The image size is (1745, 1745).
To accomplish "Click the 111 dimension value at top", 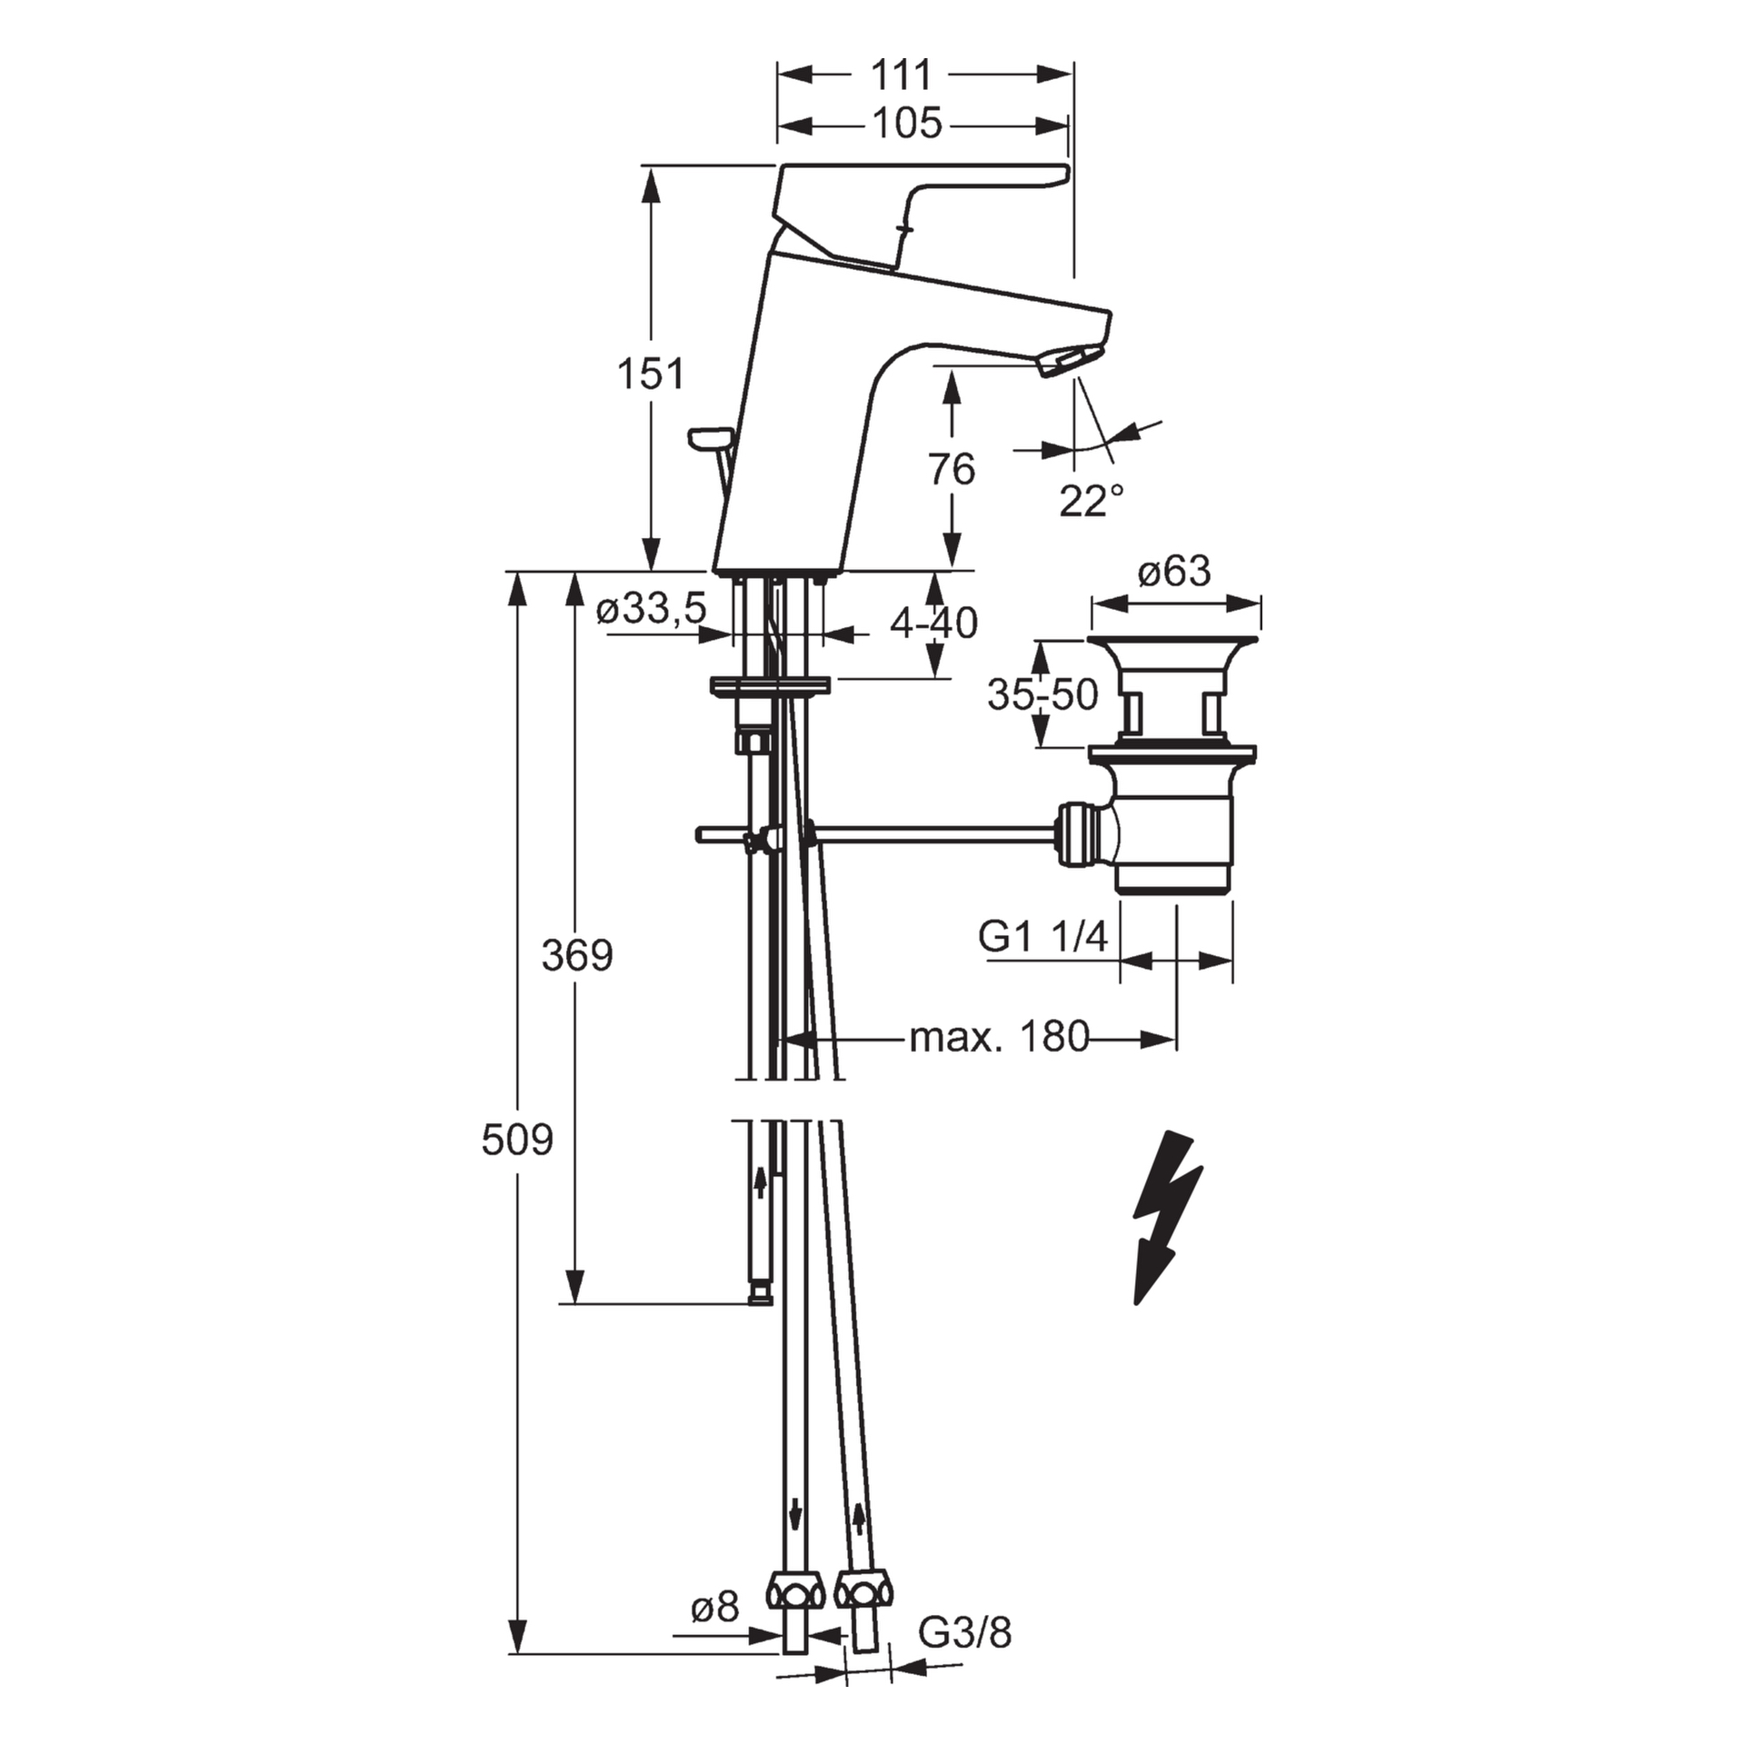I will [x=902, y=75].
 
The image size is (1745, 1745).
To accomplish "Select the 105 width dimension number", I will [x=906, y=124].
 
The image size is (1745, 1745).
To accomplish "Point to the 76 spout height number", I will [x=952, y=470].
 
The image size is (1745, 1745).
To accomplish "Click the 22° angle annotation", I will [x=1091, y=501].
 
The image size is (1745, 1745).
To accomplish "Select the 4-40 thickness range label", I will [x=933, y=623].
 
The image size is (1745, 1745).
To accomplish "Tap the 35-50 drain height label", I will [x=1042, y=695].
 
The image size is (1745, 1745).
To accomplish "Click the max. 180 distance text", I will [x=999, y=1037].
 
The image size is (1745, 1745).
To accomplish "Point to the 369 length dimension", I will [x=577, y=955].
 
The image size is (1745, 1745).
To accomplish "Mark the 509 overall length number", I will [x=516, y=1140].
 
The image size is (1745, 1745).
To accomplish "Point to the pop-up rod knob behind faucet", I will [x=710, y=440].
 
